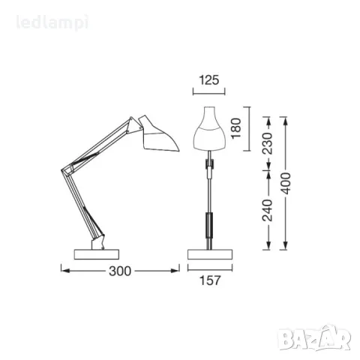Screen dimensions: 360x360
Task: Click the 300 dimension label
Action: [120, 271]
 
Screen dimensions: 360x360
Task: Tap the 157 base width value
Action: [210, 280]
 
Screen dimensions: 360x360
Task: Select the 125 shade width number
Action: [209, 80]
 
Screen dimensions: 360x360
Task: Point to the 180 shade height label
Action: [236, 128]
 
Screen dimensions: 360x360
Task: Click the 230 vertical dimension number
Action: [268, 143]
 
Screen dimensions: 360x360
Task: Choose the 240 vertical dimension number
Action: [268, 210]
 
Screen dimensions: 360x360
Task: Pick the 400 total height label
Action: [286, 184]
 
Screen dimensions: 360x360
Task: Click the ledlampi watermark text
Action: [52, 22]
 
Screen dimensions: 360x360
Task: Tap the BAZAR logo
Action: [314, 338]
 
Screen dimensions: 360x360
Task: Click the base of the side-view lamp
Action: [97, 254]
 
